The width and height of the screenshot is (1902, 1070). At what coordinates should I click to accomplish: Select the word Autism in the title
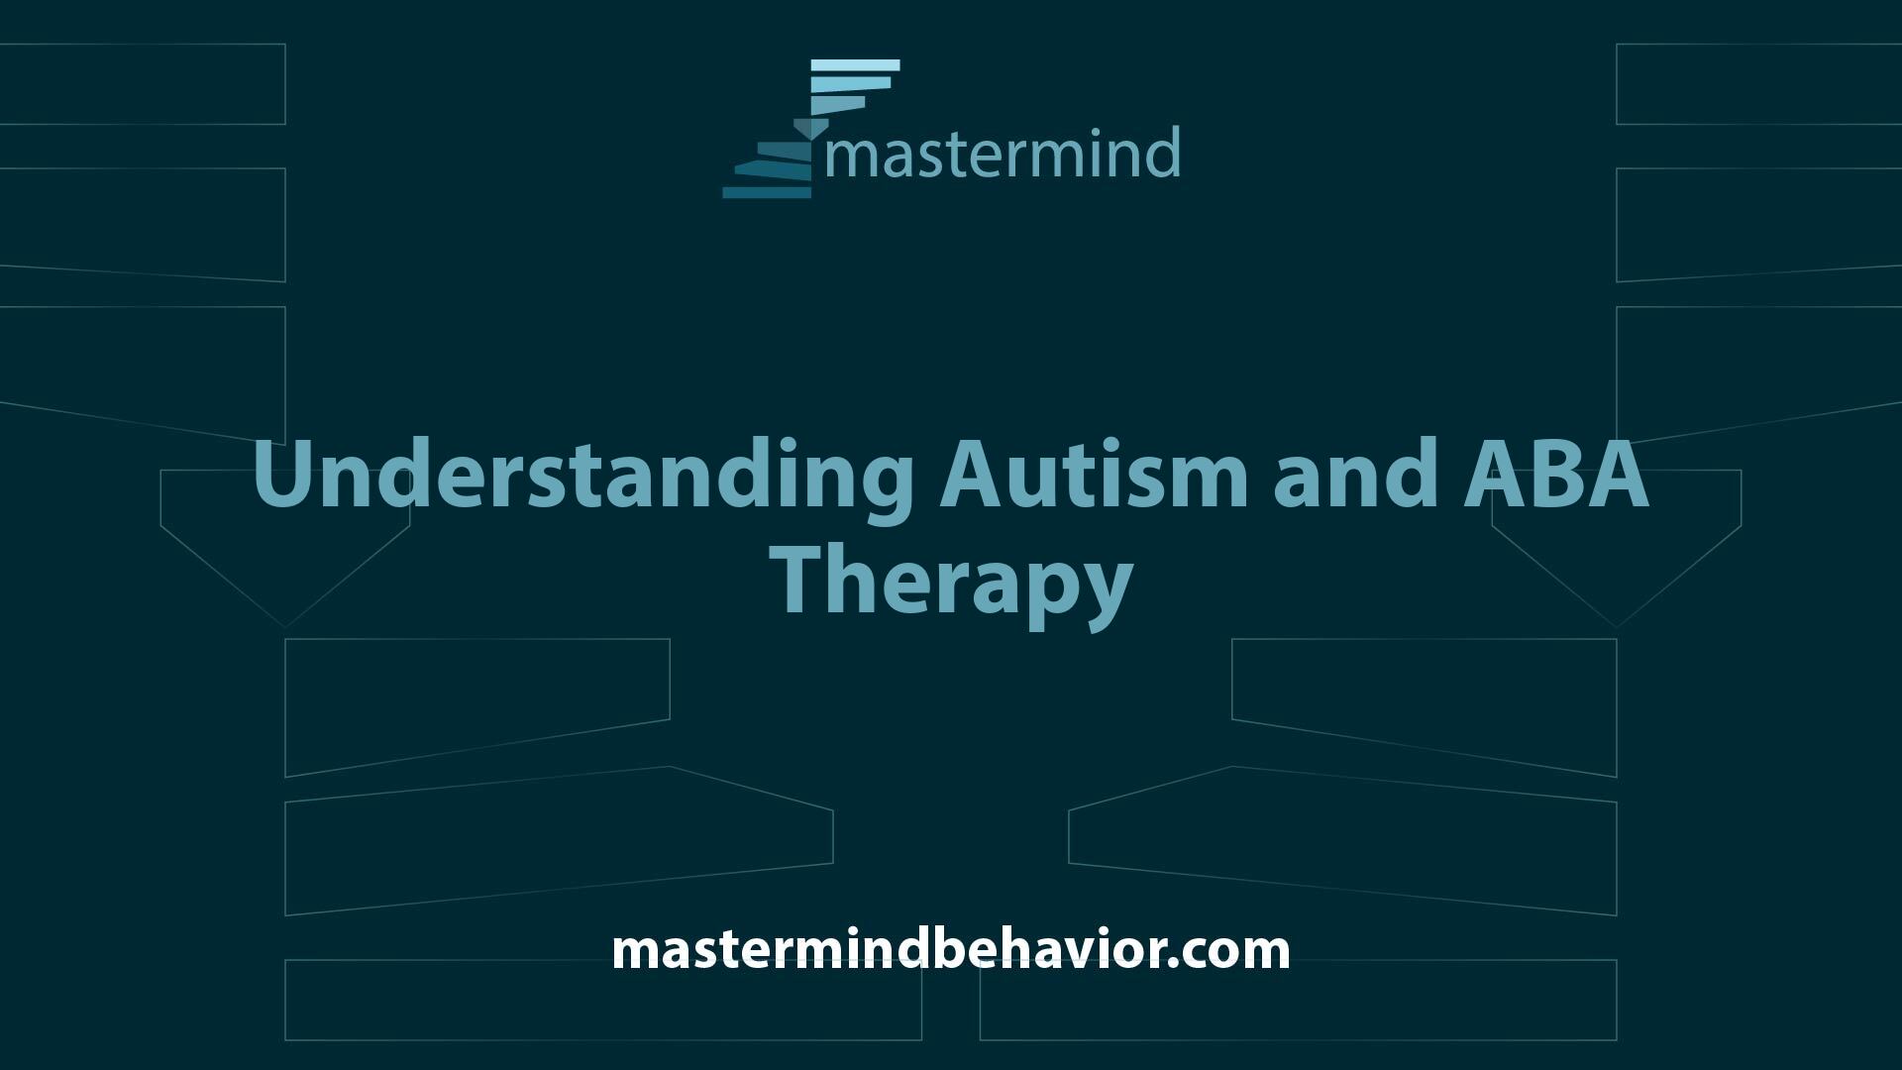click(x=1094, y=474)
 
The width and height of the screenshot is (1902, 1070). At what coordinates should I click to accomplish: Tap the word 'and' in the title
click(x=1354, y=474)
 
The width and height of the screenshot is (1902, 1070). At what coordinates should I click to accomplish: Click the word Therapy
click(x=952, y=585)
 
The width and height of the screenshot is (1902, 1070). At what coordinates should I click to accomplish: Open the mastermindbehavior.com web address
click(x=951, y=949)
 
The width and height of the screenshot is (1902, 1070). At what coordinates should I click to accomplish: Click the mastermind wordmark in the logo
click(x=1003, y=154)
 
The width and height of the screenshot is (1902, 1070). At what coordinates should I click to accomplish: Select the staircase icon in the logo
click(x=810, y=129)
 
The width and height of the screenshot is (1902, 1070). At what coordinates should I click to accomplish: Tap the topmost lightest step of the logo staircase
click(x=855, y=65)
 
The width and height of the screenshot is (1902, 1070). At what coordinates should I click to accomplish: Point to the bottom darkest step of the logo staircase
click(x=766, y=192)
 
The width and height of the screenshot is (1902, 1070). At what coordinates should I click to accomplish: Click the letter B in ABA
click(x=1554, y=474)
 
